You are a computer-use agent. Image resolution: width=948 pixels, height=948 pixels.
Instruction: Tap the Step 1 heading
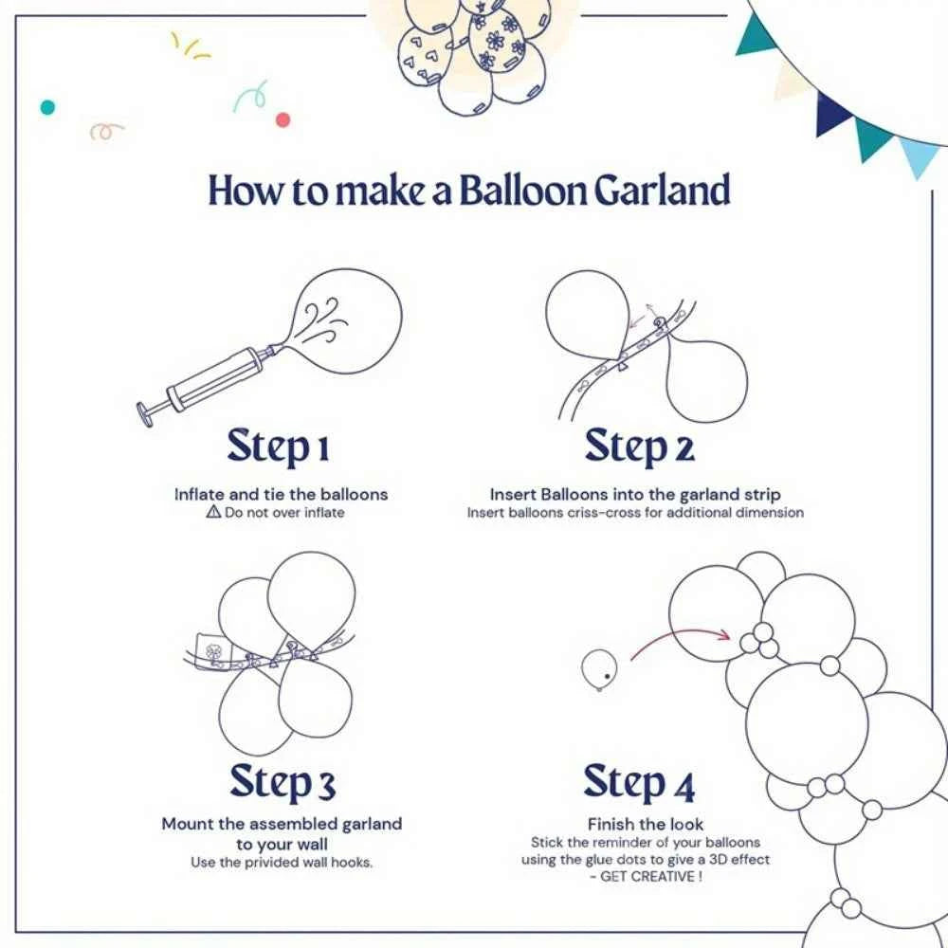[x=281, y=447]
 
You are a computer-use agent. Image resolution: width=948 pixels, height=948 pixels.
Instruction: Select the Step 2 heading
[x=639, y=447]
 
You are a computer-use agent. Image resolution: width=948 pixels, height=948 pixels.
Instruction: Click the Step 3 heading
[x=283, y=783]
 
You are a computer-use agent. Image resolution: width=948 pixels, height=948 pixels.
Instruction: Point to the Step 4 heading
[x=639, y=783]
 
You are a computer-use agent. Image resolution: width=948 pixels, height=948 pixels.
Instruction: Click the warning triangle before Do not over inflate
[x=213, y=513]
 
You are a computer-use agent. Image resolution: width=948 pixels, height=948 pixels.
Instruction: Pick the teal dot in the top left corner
[x=47, y=107]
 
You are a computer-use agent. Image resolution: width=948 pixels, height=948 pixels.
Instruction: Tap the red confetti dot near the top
[x=283, y=119]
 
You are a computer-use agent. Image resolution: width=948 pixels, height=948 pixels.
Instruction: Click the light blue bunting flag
[x=920, y=157]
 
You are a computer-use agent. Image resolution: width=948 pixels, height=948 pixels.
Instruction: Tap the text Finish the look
[x=646, y=825]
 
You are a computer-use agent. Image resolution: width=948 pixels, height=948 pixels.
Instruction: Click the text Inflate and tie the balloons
[x=281, y=494]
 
